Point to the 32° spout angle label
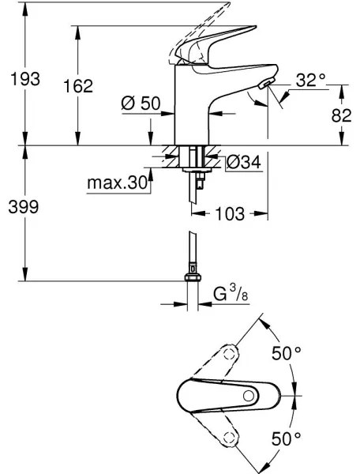pyautogui.click(x=311, y=80)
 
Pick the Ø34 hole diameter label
pyautogui.click(x=244, y=163)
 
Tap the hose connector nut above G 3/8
pyautogui.click(x=191, y=277)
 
